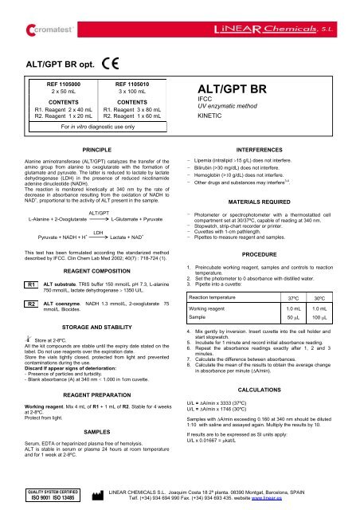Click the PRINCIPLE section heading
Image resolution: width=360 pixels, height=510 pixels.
pyautogui.click(x=90, y=171)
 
